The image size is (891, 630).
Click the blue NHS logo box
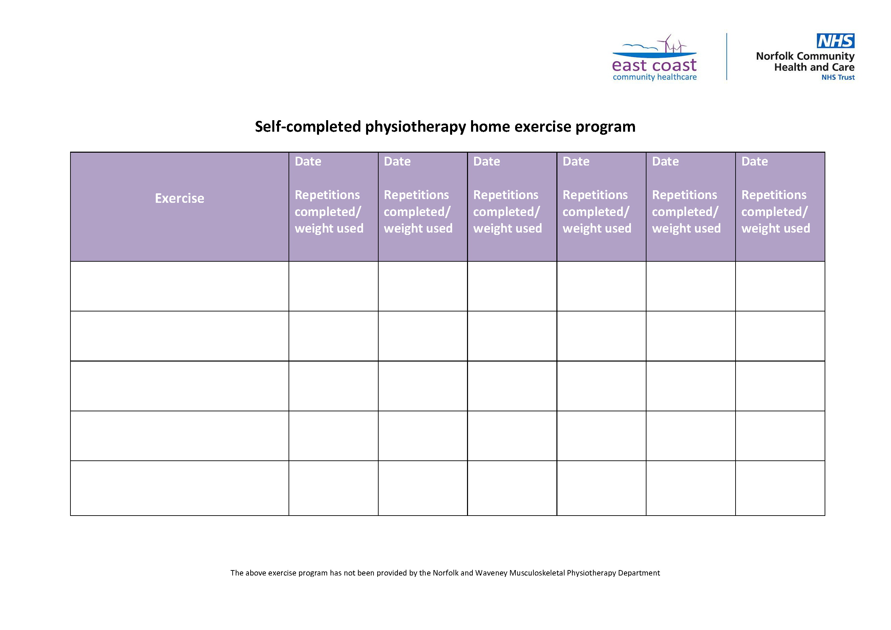835,41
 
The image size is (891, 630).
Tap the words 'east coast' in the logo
654,65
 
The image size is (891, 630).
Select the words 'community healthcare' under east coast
655,77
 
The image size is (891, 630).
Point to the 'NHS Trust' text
838,78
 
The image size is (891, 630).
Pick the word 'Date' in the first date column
308,161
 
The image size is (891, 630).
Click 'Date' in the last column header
755,161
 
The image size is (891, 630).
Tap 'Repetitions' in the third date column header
506,195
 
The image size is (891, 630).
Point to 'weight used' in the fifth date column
686,229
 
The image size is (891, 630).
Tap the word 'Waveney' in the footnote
491,573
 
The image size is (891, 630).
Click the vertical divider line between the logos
726,57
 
